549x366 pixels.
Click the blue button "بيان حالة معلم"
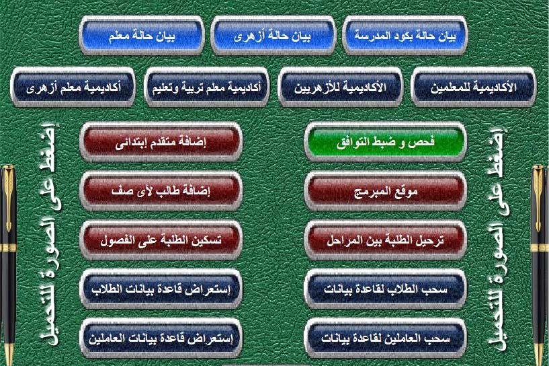point(142,36)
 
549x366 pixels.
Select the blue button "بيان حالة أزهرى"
point(273,36)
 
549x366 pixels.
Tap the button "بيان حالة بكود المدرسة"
point(405,36)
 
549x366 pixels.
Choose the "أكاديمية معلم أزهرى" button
point(73,87)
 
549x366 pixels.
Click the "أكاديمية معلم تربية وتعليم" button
point(206,87)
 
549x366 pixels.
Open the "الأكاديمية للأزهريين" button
point(340,87)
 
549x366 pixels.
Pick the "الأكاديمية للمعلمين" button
point(473,87)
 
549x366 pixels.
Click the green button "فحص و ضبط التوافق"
point(386,142)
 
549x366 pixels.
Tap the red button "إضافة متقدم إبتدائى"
point(161,142)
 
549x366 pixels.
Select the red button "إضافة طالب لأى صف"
point(161,190)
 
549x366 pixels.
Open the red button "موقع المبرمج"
point(386,190)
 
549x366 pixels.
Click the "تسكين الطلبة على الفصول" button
point(161,240)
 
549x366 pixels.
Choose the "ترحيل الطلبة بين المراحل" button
point(386,240)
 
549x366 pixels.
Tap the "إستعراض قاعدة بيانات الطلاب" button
point(161,289)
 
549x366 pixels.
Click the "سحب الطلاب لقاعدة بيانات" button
point(386,289)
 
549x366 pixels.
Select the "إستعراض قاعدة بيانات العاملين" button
point(161,338)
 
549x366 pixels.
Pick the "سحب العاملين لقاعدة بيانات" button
point(386,338)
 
